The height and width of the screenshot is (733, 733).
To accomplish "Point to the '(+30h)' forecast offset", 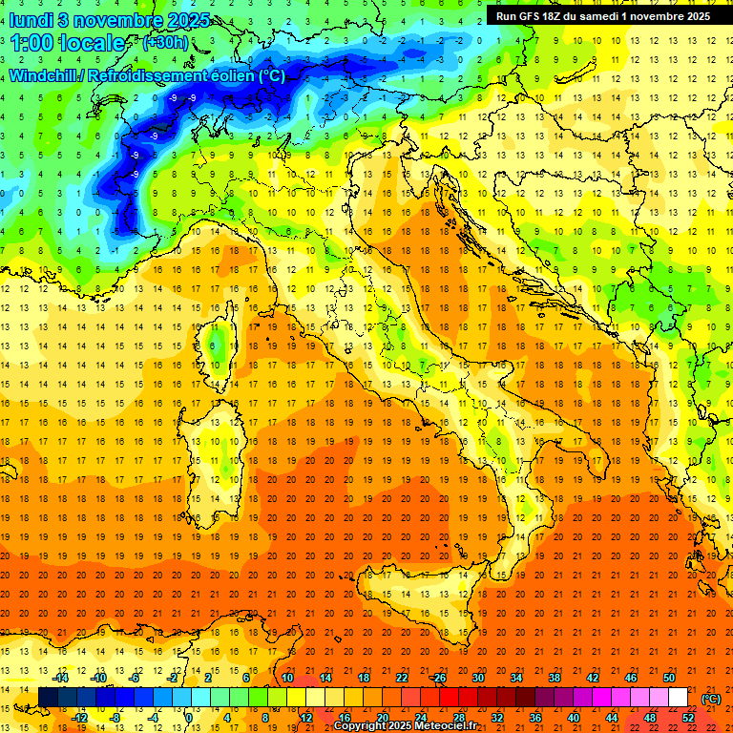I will [165, 43].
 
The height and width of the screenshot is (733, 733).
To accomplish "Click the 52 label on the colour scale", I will [687, 718].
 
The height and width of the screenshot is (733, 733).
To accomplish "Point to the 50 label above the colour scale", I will [669, 678].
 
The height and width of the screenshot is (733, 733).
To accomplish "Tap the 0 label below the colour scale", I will [189, 718].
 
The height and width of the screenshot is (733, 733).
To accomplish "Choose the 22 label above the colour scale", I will [402, 678].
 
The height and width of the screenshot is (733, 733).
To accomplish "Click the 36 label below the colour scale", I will [535, 718].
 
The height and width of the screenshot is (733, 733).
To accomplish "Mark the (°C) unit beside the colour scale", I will [711, 699].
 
